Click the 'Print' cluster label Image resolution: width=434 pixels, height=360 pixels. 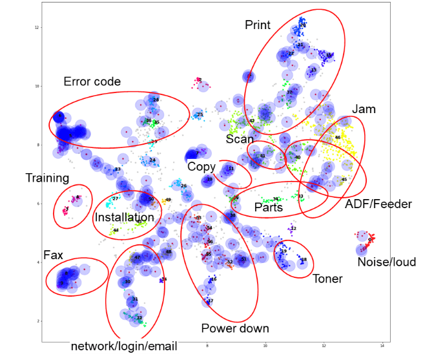point(257,25)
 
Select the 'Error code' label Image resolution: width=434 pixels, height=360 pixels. point(92,82)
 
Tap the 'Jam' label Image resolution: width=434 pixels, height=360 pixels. point(364,109)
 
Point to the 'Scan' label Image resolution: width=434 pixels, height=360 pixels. point(240,139)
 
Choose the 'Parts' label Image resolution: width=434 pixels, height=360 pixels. point(268,207)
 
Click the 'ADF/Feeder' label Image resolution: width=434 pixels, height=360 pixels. point(378,205)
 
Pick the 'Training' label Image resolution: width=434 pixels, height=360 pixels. point(47,178)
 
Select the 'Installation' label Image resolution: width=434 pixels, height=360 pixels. point(124,217)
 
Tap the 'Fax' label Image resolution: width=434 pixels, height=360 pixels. point(53,255)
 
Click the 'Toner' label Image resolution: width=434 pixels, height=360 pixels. point(327,279)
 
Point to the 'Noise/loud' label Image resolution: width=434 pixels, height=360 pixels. point(387,262)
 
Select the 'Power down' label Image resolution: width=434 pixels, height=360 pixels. point(235,328)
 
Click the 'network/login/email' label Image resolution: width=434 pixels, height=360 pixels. point(123,346)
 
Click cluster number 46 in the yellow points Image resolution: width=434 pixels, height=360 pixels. point(337,138)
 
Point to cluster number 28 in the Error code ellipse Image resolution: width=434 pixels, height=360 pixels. point(156,100)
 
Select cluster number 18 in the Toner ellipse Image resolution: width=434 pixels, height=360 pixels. point(304,260)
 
